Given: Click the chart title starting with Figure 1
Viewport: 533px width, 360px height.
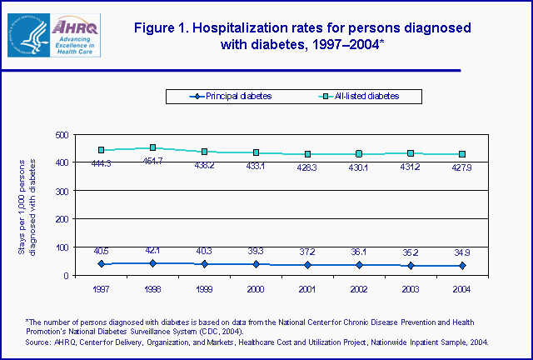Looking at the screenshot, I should [x=302, y=36].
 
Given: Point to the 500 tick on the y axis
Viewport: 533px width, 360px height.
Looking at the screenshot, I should [x=60, y=134].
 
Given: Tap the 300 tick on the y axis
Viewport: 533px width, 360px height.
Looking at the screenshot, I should [x=60, y=191].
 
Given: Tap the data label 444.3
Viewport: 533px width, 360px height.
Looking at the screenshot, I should [x=100, y=163].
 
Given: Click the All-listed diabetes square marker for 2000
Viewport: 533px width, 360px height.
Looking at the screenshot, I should [x=256, y=152].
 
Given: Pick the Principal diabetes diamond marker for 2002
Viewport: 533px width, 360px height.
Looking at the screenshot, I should [x=359, y=265].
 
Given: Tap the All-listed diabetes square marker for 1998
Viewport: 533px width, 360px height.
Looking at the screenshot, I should [x=152, y=147].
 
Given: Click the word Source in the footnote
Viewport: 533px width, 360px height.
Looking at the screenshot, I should [x=37, y=342].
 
